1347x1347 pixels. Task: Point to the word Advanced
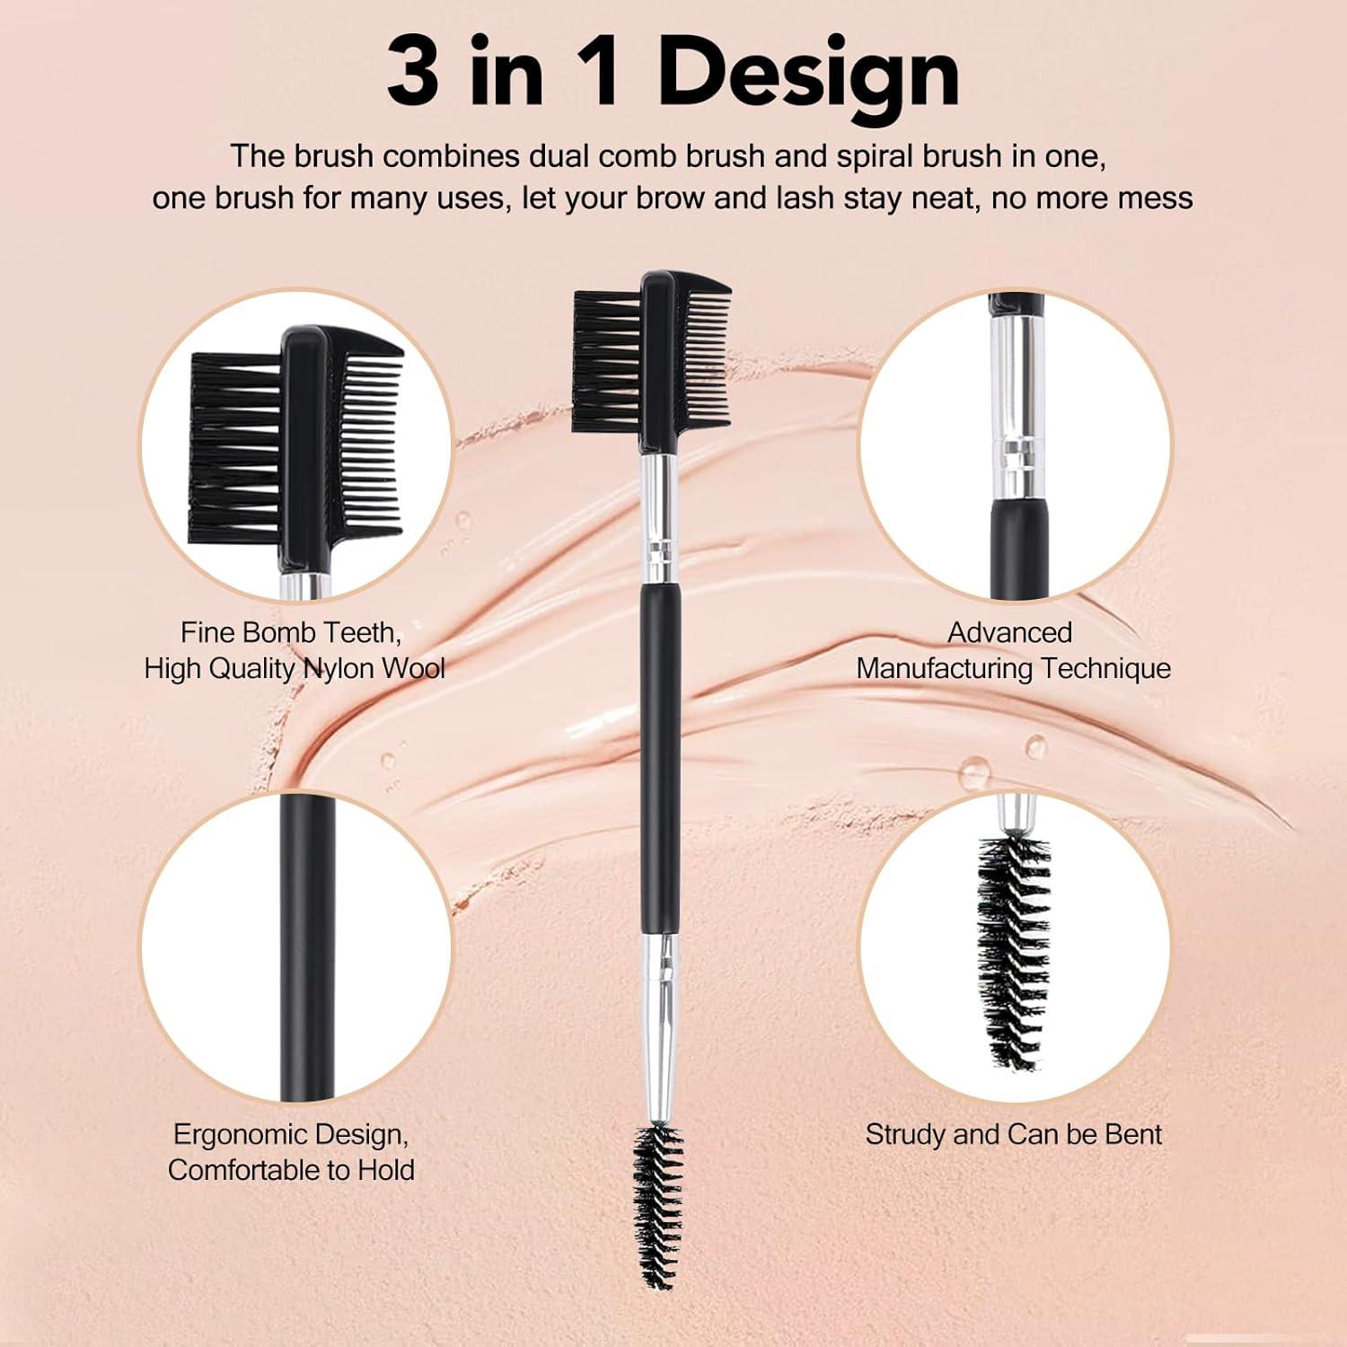[1009, 632]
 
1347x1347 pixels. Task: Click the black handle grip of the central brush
[660, 754]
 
